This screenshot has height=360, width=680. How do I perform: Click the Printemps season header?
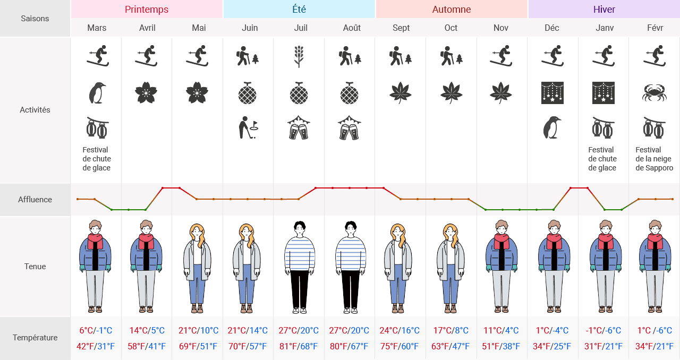click(x=147, y=10)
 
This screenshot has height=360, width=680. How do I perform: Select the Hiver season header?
click(x=604, y=10)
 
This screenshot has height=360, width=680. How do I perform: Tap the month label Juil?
click(x=301, y=28)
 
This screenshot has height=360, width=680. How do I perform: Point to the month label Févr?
click(x=654, y=28)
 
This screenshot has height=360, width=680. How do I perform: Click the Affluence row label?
click(x=35, y=200)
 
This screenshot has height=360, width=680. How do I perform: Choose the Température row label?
click(x=35, y=338)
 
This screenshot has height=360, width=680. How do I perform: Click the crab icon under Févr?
click(x=654, y=93)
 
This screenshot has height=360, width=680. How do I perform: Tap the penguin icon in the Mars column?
click(x=97, y=93)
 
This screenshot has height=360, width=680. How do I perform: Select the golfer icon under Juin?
click(x=248, y=128)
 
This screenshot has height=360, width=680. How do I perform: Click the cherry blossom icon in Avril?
click(x=147, y=93)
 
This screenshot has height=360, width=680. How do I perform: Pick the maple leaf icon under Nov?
click(x=500, y=93)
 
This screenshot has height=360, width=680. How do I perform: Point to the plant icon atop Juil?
click(x=299, y=56)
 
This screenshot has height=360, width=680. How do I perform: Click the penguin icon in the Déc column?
click(x=552, y=128)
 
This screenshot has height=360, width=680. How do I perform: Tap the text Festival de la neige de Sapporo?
click(x=654, y=159)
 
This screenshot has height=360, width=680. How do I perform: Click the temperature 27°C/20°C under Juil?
click(x=299, y=330)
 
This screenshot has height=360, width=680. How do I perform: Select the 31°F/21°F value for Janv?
click(x=604, y=347)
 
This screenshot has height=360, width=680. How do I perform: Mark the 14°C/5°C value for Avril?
click(x=147, y=330)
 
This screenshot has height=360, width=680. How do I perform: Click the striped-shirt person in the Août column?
click(x=350, y=265)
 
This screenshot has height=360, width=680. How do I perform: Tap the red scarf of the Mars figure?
click(x=96, y=242)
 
